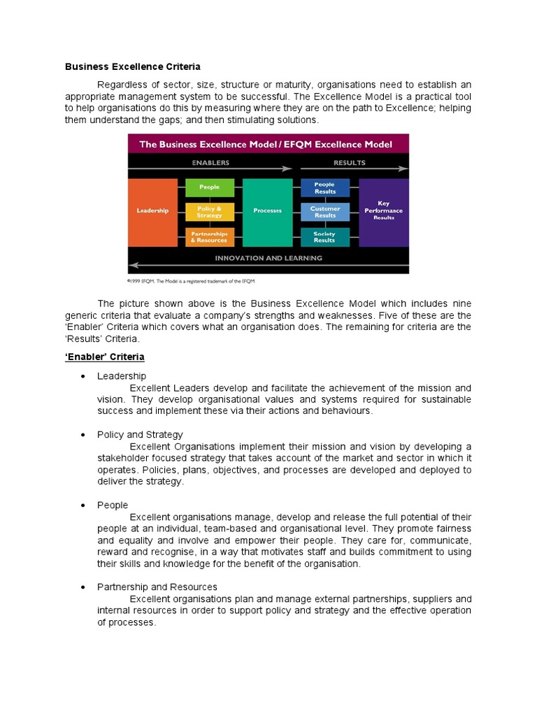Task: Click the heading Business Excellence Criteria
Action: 133,66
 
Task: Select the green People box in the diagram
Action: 210,187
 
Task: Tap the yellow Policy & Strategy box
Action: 210,212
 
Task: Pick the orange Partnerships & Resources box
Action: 210,237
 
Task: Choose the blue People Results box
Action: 325,187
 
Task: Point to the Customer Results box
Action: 325,212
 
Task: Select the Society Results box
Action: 325,237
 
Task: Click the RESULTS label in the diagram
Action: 350,162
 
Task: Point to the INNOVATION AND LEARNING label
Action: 268,258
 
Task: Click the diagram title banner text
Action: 266,144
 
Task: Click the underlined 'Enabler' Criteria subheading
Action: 105,357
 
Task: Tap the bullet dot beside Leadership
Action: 83,376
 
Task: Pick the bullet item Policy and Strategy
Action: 140,435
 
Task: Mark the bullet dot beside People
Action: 83,505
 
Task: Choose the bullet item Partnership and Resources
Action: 157,587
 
